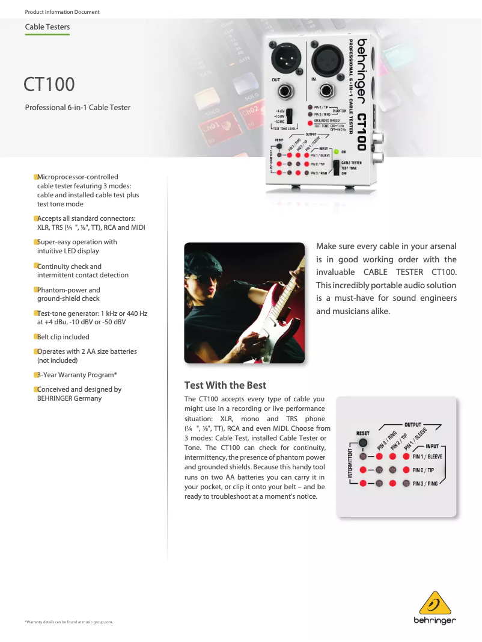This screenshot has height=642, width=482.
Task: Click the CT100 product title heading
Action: tap(49, 84)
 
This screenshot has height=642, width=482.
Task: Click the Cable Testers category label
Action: tap(47, 27)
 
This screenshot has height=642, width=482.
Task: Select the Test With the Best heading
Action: tap(225, 385)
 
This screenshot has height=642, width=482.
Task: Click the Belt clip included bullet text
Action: tap(63, 337)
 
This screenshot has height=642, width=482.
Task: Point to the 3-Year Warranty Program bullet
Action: tap(77, 375)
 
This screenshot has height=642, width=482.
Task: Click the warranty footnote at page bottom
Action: tap(69, 622)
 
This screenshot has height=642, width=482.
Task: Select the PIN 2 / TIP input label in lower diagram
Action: tap(427, 470)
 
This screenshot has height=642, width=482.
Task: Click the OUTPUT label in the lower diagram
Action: tap(413, 424)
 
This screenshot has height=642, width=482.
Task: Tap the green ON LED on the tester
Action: tap(337, 152)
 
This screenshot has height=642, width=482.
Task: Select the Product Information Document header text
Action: tap(62, 12)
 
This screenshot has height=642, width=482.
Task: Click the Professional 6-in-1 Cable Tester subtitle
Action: tap(78, 108)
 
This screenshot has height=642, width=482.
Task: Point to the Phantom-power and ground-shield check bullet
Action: tap(69, 294)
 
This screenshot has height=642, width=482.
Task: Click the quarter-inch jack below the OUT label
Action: tap(284, 92)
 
